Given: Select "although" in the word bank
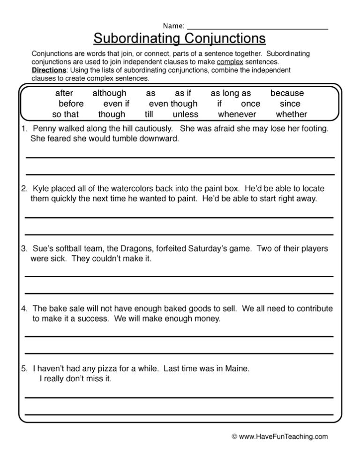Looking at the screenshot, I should pos(109,93).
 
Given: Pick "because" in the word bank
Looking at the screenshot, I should pos(287,93).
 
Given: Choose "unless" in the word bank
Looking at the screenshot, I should pos(185,114).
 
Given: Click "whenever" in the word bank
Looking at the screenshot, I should pos(237,114).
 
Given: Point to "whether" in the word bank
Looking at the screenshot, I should pos(291,114).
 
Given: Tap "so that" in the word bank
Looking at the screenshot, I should pos(65,114).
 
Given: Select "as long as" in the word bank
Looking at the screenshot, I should pos(231,93).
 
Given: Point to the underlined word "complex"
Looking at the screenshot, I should pos(230,62).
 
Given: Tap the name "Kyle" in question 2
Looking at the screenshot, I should pos(41,189).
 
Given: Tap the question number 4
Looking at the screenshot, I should pos(24,309).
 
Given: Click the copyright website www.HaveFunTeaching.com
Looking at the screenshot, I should pos(283,436).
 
